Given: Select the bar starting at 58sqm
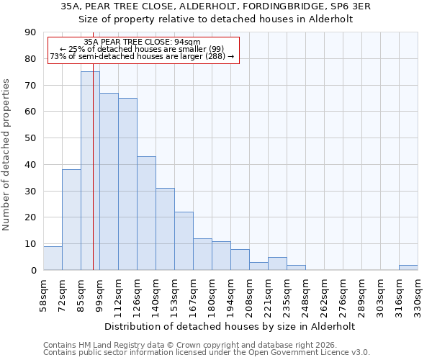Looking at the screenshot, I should click(53, 258).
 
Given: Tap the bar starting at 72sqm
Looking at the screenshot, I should click(71, 220).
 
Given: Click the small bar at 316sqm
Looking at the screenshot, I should click(408, 267).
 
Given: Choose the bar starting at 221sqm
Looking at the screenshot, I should click(277, 264).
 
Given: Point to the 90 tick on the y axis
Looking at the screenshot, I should click(30, 32).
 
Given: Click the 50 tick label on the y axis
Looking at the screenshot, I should click(30, 138).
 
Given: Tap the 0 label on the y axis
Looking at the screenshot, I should click(33, 270).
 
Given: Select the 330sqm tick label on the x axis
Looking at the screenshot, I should click(418, 294).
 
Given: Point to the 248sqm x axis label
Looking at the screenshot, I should click(305, 294).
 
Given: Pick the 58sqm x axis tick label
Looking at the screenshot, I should click(43, 294).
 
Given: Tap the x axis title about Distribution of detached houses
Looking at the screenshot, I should click(230, 326).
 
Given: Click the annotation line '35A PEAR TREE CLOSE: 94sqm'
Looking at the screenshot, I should click(142, 42).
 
